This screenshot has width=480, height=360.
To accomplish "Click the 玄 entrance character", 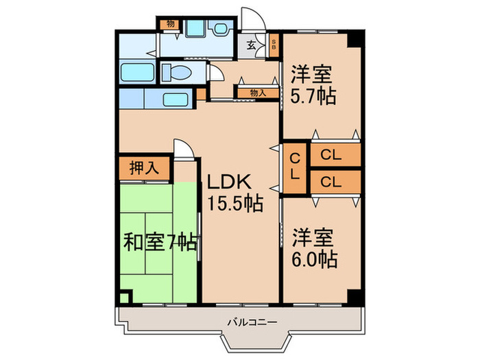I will (x=252, y=46).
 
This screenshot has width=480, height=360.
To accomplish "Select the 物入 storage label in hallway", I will (x=258, y=92).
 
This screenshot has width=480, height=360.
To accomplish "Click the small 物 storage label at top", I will (x=170, y=25).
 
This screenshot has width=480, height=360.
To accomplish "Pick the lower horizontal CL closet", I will (x=335, y=182).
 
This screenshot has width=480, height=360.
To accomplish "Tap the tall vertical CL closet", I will (x=295, y=168).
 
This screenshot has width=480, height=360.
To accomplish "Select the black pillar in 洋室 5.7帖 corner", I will (x=354, y=38).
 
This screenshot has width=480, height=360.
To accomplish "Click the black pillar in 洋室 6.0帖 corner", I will (x=354, y=298).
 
